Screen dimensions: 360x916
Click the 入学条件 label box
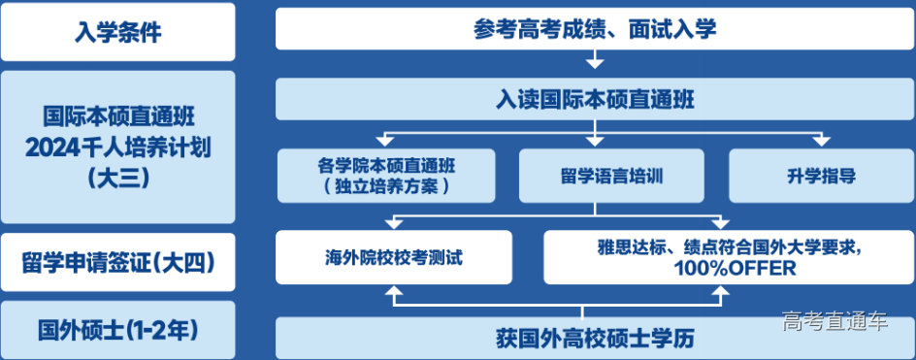117,31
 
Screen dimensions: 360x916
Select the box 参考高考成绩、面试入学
595,29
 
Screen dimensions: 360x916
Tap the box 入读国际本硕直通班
595,99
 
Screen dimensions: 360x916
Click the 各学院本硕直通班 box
386,176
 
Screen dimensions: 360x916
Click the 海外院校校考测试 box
393,258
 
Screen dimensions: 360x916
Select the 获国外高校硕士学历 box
595,339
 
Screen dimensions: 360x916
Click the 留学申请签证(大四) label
117,263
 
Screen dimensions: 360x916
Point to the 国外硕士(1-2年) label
117,330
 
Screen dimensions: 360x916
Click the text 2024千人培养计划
117,148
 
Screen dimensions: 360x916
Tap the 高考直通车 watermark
834,321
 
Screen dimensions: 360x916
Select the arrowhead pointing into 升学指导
821,142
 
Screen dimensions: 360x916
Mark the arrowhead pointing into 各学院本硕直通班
386,142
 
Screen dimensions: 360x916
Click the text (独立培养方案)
386,186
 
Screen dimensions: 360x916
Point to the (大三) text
117,178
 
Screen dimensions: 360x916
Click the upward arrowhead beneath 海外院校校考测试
393,292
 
